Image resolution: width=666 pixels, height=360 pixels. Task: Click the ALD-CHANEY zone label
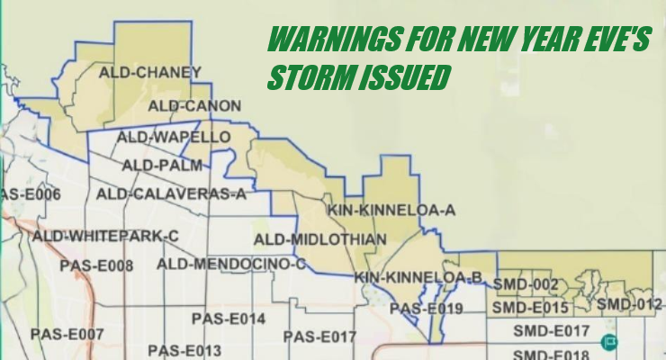(151, 72)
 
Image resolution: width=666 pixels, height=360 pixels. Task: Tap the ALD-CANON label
(195, 105)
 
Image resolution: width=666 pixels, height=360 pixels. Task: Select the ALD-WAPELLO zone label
(177, 137)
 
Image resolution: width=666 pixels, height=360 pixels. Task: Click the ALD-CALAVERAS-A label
(171, 193)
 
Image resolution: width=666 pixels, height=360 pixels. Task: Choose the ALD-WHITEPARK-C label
(106, 236)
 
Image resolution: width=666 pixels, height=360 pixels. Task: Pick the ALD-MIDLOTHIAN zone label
(320, 238)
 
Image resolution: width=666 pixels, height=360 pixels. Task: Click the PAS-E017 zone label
(320, 337)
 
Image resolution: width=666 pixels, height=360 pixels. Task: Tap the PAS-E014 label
(229, 319)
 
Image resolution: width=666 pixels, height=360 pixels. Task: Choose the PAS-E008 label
(96, 265)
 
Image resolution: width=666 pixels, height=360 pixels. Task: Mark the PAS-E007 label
(67, 334)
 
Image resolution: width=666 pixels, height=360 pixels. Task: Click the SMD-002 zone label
(521, 284)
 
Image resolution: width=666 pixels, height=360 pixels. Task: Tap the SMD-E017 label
(551, 331)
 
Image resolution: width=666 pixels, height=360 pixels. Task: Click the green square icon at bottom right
(610, 341)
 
